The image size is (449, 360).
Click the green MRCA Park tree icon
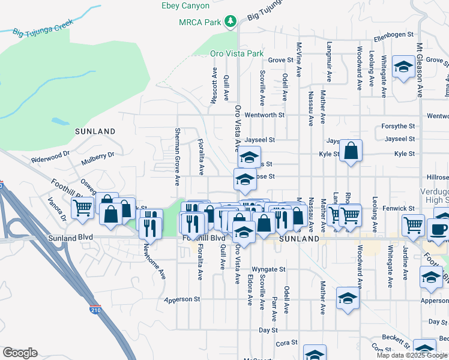point(230,22)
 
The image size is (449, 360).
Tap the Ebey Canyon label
point(185,5)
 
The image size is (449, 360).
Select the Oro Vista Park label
point(237,53)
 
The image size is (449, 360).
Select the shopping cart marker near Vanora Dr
point(82,208)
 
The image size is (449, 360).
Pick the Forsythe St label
point(399,127)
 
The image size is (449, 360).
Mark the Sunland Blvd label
point(71,238)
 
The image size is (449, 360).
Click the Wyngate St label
point(268,269)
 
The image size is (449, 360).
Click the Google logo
point(20,353)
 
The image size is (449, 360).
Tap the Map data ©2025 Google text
point(412,355)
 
